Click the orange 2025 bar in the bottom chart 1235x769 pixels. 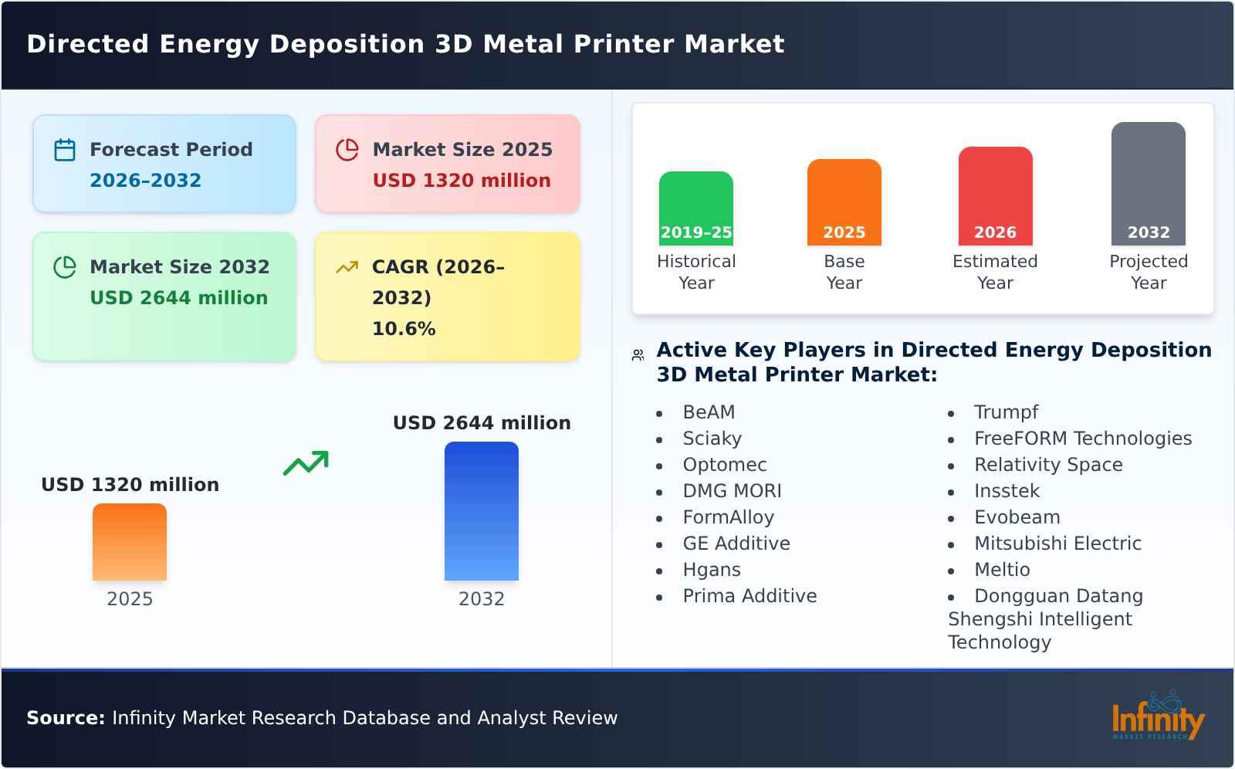130,542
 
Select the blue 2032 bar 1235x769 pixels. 481,511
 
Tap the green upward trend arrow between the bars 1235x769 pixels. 306,463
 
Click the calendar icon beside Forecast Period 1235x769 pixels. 65,150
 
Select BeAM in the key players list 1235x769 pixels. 709,412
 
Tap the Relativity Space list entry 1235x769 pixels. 1048,465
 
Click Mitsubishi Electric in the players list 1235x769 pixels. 1057,544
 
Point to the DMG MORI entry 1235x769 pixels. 732,491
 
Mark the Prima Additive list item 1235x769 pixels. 749,596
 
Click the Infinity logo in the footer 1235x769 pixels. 1158,717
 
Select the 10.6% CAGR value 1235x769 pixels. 404,329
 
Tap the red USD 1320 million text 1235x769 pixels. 462,181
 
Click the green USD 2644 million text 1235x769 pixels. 179,298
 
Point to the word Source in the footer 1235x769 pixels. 66,718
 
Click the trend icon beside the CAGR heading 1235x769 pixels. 347,267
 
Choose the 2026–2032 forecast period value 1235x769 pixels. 145,181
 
